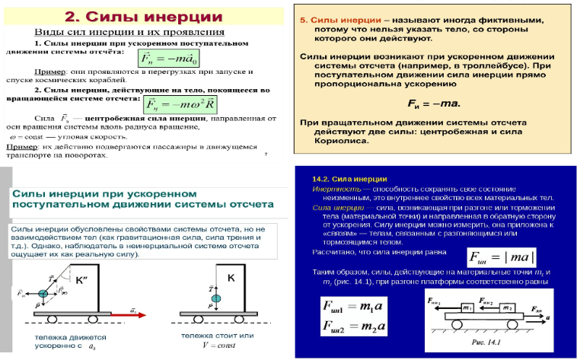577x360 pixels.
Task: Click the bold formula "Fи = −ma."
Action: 431,102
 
